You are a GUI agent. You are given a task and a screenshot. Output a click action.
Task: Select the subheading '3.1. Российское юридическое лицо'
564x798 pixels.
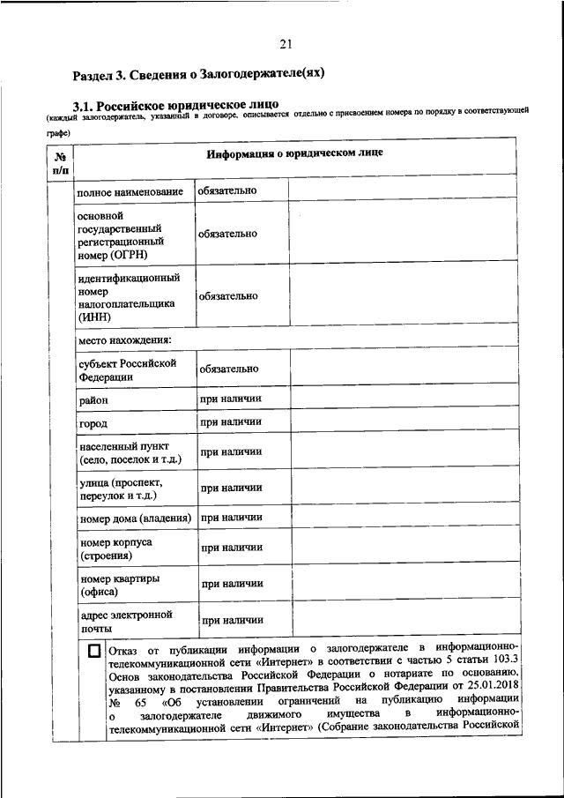(x=175, y=105)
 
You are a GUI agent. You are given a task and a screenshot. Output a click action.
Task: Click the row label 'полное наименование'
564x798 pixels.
(x=130, y=191)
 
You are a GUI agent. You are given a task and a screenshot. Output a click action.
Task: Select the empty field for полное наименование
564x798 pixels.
(x=402, y=190)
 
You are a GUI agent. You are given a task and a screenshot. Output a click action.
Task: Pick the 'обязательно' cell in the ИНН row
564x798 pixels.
(x=228, y=296)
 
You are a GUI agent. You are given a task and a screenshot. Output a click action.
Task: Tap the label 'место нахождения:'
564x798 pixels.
(x=124, y=339)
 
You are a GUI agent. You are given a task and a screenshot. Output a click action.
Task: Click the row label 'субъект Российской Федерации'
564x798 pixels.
(x=128, y=369)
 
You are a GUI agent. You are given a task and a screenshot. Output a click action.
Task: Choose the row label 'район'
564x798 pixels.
(x=94, y=400)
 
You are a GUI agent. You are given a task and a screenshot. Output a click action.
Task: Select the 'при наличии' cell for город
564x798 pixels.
(x=231, y=422)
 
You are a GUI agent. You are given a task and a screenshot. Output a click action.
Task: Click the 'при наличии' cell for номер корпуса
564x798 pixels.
(x=231, y=548)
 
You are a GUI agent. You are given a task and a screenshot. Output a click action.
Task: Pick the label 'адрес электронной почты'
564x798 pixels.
(x=126, y=622)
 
